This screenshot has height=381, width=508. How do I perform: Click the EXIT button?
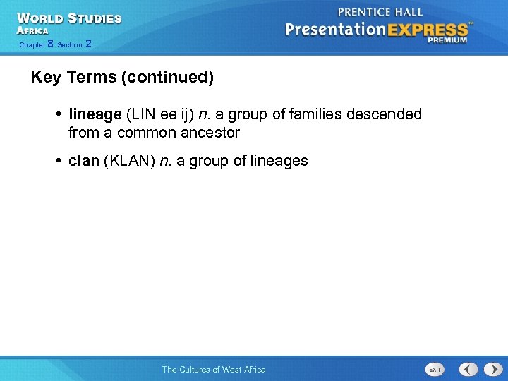435,369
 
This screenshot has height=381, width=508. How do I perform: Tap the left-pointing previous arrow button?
468,369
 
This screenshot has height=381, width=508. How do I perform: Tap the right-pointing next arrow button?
492,369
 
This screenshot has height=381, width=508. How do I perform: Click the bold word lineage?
95,114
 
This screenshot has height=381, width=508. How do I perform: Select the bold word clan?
84,161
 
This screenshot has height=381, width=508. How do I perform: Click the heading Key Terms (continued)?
122,77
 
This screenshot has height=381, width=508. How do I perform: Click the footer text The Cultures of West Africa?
214,369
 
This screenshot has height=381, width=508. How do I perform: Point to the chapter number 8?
50,44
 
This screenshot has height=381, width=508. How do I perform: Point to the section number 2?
87,44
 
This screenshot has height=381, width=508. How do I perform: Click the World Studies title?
69,18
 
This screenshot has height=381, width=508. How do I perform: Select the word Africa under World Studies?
32,31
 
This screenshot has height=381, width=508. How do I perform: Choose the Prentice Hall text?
380,12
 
